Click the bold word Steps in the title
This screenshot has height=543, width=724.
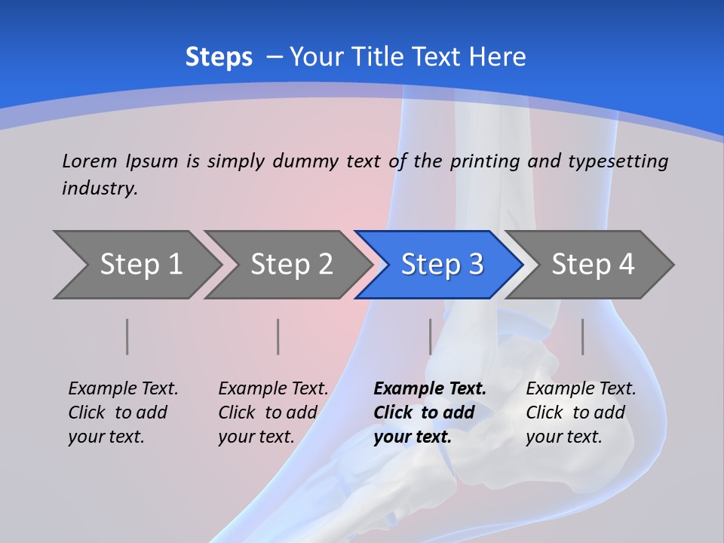tap(219, 57)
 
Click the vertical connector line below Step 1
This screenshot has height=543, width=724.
tap(127, 336)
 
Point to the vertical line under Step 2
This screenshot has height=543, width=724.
tap(278, 336)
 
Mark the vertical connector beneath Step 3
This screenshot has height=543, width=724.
tap(431, 336)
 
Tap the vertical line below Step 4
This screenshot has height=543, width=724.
tap(582, 336)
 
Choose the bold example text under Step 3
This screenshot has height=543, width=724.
tap(429, 413)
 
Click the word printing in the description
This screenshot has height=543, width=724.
tap(485, 161)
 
